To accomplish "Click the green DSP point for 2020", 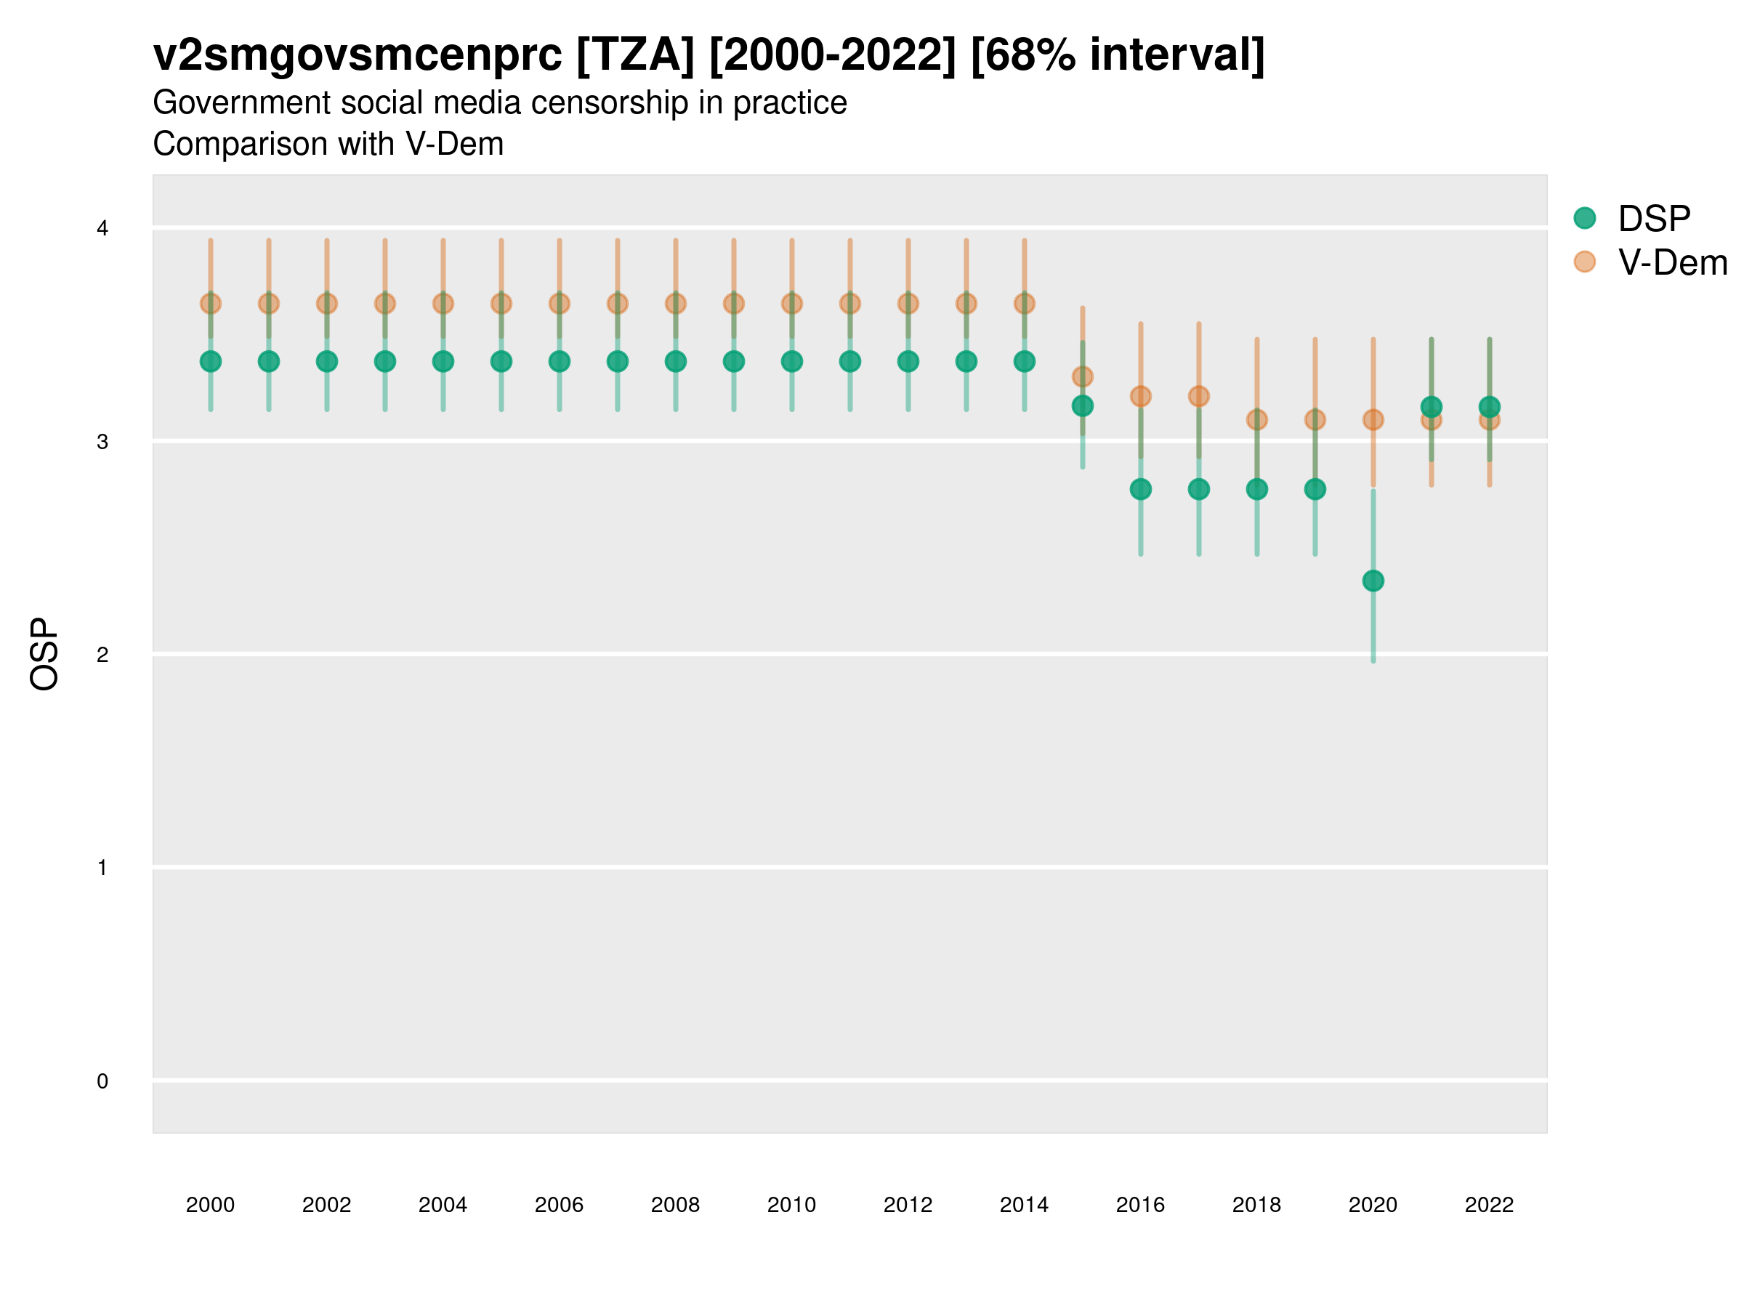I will tap(1373, 581).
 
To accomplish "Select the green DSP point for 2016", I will tap(1140, 489).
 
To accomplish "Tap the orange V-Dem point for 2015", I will tap(1083, 377).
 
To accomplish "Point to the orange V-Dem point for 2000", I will tap(211, 304).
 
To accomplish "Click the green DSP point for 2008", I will tap(676, 361).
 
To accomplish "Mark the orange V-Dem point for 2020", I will tap(1373, 419).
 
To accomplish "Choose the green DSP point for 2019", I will tap(1315, 489).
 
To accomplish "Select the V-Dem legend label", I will tap(1672, 262).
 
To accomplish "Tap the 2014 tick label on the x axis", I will tap(1024, 1205).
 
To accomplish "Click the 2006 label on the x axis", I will tap(559, 1205).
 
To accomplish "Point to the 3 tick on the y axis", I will tap(102, 442).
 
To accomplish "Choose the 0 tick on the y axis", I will tap(102, 1081).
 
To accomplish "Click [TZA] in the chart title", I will tap(636, 55).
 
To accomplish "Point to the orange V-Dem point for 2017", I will tap(1198, 396).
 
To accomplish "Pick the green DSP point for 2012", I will tap(908, 361).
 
